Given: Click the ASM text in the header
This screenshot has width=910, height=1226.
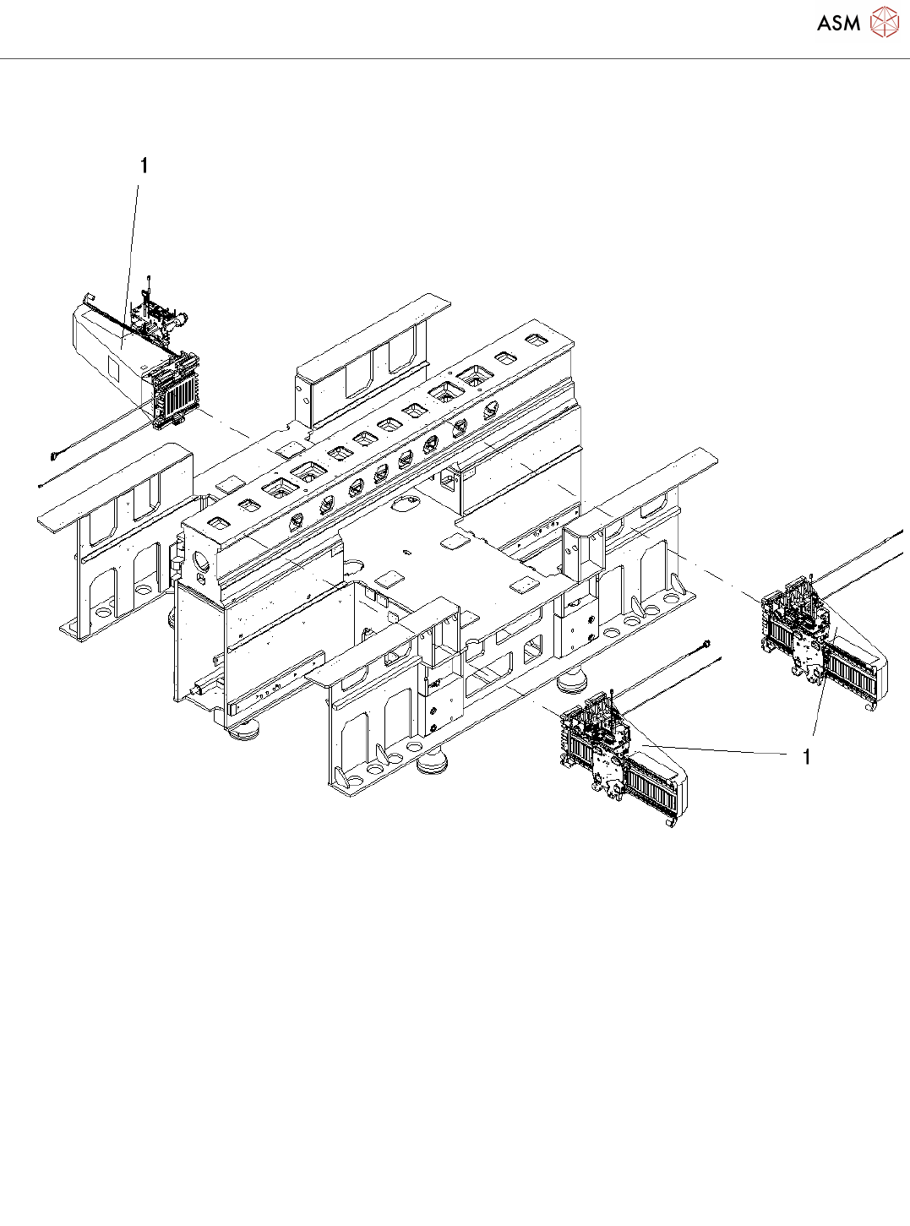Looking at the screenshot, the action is (x=838, y=23).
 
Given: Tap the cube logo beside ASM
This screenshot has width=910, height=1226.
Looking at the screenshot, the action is (x=885, y=22).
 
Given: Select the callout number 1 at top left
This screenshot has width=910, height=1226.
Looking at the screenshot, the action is (x=144, y=166).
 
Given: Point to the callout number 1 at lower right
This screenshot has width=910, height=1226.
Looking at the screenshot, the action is (x=807, y=757).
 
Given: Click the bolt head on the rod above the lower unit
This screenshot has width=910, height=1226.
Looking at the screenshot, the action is (x=705, y=646).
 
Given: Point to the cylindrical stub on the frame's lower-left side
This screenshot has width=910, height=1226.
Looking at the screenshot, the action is (x=198, y=689).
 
